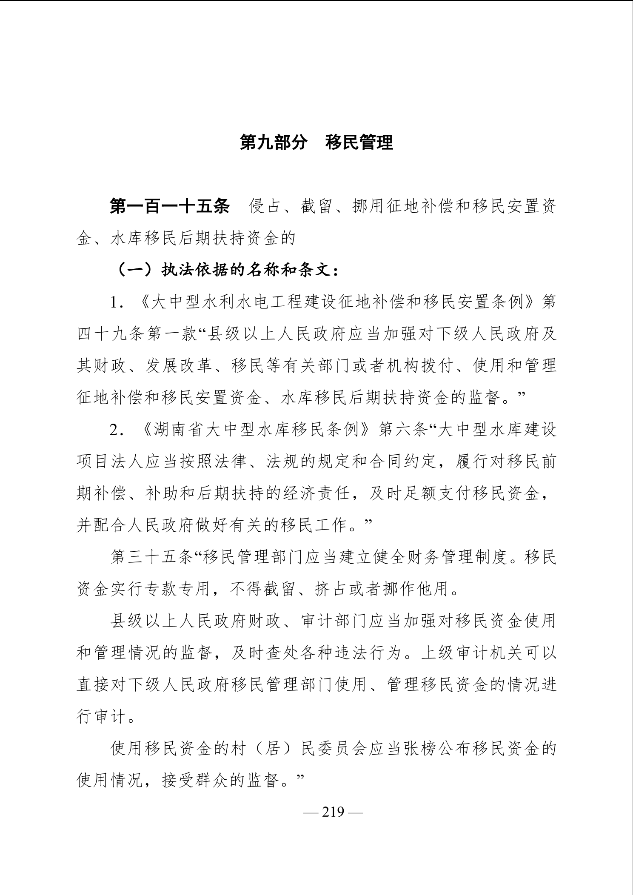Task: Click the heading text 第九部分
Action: [x=273, y=143]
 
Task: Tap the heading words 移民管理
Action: [x=359, y=143]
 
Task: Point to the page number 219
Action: [x=333, y=812]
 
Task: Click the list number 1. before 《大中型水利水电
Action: [x=117, y=303]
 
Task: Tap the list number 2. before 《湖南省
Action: [x=117, y=430]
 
